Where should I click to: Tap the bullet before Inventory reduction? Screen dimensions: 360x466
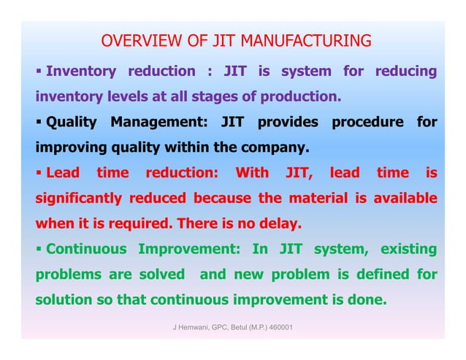[39, 72]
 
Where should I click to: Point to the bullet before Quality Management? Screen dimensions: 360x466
[39, 122]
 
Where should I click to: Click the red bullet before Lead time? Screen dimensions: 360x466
[39, 173]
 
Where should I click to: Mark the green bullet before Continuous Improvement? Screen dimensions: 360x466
[39, 249]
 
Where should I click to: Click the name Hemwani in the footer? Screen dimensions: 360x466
[195, 327]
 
